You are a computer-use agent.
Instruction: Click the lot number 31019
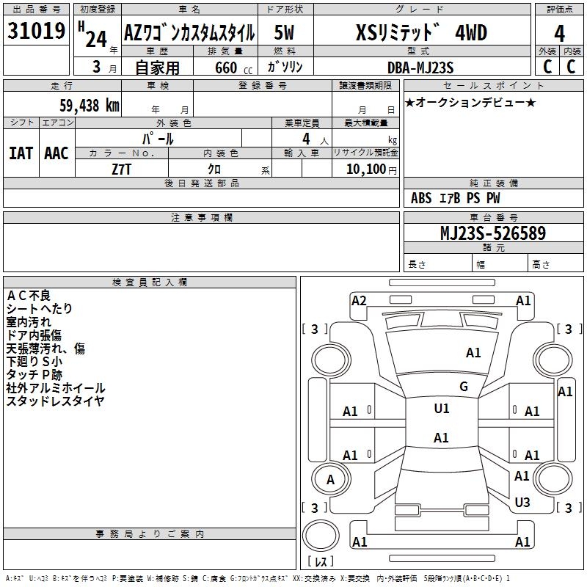(36, 31)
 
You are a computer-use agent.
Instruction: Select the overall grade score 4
(559, 34)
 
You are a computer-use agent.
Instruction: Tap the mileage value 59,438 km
(90, 106)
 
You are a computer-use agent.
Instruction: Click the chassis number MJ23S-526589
(493, 233)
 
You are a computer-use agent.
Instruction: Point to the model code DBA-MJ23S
(420, 68)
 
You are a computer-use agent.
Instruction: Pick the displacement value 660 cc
(233, 68)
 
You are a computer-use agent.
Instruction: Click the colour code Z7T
(122, 169)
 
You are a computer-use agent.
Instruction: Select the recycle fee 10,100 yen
(371, 169)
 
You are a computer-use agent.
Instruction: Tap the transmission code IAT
(21, 153)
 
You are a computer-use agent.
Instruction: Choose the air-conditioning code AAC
(56, 153)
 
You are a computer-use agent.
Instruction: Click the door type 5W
(284, 32)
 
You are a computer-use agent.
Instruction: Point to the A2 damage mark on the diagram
(359, 301)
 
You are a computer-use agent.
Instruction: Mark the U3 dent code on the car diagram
(522, 502)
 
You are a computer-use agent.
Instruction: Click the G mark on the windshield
(464, 387)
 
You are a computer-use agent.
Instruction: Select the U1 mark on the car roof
(442, 409)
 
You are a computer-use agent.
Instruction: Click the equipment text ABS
(421, 198)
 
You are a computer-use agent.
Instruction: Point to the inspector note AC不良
(29, 296)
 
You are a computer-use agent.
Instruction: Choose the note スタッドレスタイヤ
(55, 401)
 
